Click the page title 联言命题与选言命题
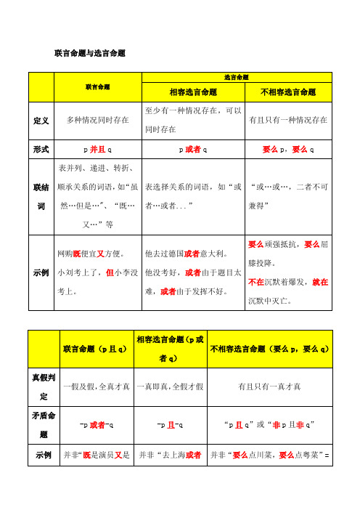click(90, 53)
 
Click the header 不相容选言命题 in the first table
click(288, 92)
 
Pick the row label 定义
click(41, 119)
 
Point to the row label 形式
click(41, 149)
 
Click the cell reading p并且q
click(99, 149)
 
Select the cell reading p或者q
click(192, 149)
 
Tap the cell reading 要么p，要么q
click(288, 149)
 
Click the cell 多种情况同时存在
click(99, 119)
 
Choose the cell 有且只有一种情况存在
click(288, 119)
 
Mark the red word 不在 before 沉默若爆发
click(256, 281)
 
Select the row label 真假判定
click(41, 388)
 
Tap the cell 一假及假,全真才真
click(95, 388)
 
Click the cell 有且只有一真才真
click(269, 388)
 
